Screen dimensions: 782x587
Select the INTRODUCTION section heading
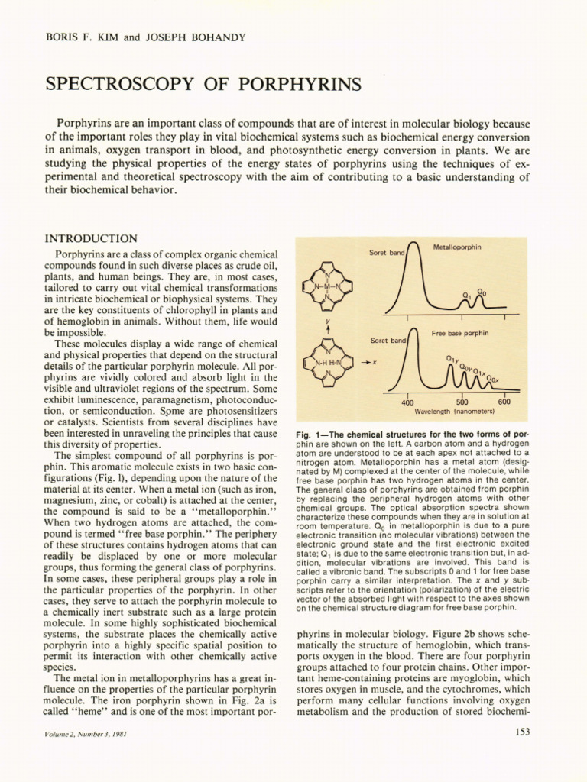point(92,239)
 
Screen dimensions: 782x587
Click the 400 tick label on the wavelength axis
point(407,402)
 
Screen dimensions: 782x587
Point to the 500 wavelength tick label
point(462,402)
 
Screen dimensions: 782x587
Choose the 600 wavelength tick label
point(504,402)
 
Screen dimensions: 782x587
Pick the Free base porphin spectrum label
point(460,334)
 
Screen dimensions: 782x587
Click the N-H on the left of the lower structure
point(320,363)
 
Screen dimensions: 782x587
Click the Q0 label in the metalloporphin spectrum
point(481,291)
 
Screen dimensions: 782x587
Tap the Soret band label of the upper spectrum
point(387,252)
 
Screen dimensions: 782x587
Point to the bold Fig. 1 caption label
point(310,435)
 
